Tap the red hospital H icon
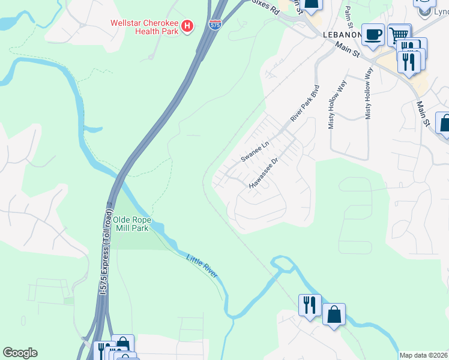pyautogui.click(x=188, y=26)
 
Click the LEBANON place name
pyautogui.click(x=342, y=35)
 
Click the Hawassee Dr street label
pyautogui.click(x=265, y=173)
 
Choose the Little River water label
pyautogui.click(x=201, y=267)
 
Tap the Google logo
pyautogui.click(x=20, y=353)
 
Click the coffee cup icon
pyautogui.click(x=373, y=34)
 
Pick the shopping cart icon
pyautogui.click(x=399, y=35)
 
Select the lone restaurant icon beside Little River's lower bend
pyautogui.click(x=310, y=304)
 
